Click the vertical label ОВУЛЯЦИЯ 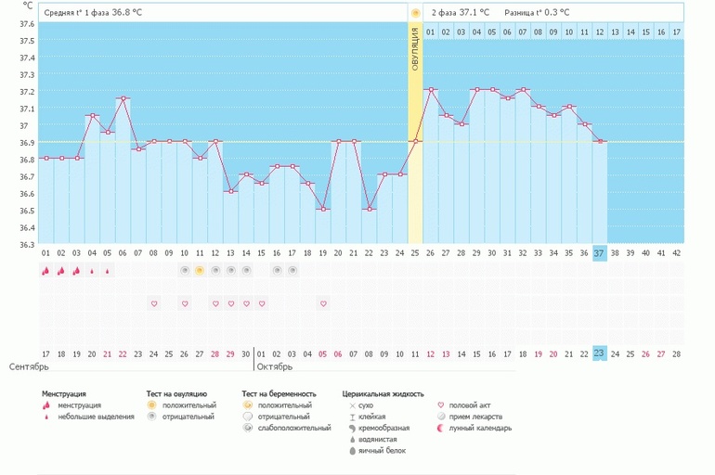point(415,49)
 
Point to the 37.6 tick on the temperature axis point(27,24)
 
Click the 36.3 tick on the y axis point(27,245)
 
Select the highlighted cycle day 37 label point(599,253)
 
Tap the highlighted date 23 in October point(599,353)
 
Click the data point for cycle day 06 point(123,98)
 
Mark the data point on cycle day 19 point(323,209)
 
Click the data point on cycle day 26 point(431,89)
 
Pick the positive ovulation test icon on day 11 point(200,271)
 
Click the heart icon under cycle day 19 point(323,303)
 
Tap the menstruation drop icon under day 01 point(45,271)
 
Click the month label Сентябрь point(29,366)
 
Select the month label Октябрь point(275,366)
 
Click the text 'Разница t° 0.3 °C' point(537,13)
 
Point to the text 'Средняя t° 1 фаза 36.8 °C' point(93,13)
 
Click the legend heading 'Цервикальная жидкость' point(383,394)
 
